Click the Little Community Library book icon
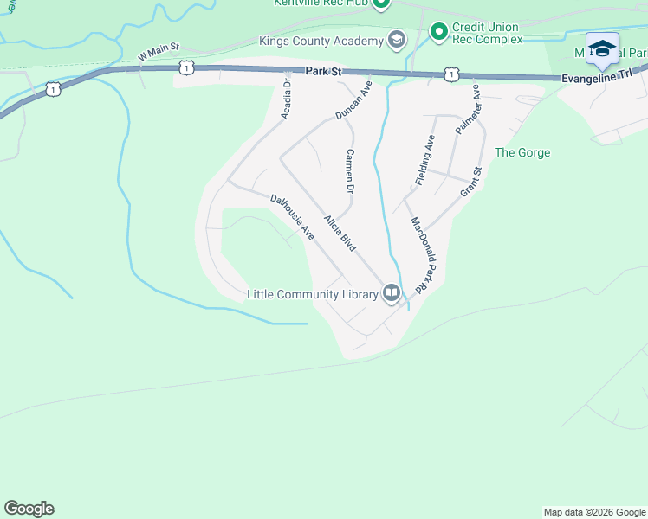click(392, 293)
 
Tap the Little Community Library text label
click(312, 294)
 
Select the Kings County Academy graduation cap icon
click(397, 40)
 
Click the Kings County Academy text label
click(321, 41)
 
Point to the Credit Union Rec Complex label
click(488, 33)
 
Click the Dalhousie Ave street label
click(291, 217)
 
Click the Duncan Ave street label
click(353, 100)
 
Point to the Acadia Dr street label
click(287, 97)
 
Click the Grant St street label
click(470, 182)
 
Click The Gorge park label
click(522, 153)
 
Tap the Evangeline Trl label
click(597, 76)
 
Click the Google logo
click(29, 509)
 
